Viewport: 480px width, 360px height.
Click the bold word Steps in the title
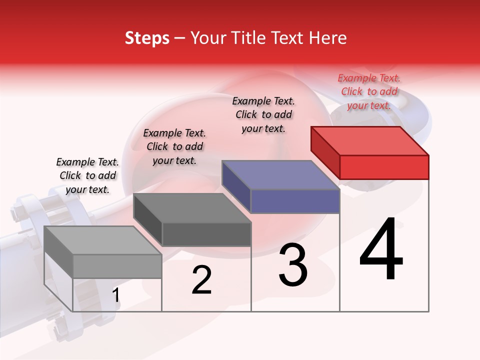click(x=147, y=38)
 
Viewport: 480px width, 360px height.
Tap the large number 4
click(x=381, y=250)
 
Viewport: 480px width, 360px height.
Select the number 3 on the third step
click(x=293, y=265)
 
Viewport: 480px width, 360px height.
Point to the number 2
click(x=201, y=280)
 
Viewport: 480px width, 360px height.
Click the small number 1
click(x=116, y=295)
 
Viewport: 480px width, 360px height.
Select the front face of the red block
click(x=384, y=167)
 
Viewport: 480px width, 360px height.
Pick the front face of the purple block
click(x=295, y=201)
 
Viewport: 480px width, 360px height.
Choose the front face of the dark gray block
click(x=206, y=234)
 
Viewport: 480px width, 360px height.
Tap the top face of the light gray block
click(x=103, y=240)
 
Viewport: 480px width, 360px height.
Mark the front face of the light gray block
click(x=117, y=266)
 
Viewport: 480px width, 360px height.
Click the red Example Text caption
click(x=369, y=91)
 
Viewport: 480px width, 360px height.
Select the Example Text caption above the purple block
click(x=263, y=114)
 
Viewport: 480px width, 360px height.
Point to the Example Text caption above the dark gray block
click(x=174, y=146)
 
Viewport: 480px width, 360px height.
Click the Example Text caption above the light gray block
click(x=87, y=175)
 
